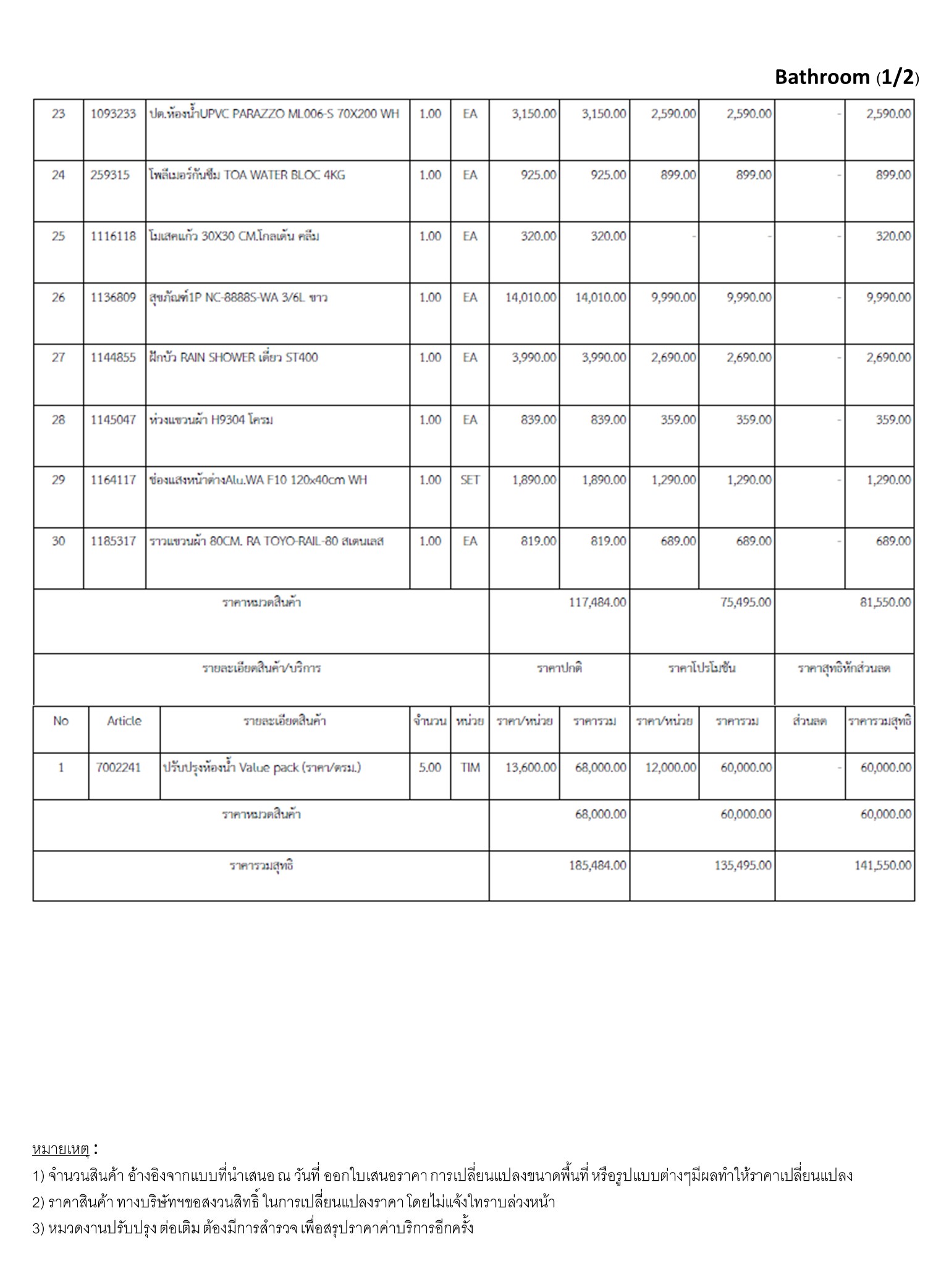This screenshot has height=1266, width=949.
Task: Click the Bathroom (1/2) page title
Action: [846, 77]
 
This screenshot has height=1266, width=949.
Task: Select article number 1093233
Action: [113, 114]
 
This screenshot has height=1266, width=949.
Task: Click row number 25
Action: [58, 236]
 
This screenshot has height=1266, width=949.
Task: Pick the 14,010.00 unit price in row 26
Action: [531, 297]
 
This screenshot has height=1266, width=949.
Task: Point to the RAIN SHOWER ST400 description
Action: [234, 357]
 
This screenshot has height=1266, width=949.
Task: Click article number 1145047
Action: [113, 420]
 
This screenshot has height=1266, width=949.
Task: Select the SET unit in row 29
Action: [470, 480]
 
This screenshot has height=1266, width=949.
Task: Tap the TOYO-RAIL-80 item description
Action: [266, 542]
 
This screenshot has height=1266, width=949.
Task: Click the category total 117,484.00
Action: [597, 602]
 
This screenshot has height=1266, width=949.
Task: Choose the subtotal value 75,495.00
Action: [745, 602]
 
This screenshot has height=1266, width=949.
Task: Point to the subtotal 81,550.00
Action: [885, 602]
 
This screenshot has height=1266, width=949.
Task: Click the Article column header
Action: [124, 721]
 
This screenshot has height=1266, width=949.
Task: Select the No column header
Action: [61, 721]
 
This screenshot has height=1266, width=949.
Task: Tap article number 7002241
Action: [119, 768]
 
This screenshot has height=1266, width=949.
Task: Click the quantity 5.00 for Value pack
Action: [430, 768]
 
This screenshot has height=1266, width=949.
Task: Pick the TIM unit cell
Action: [470, 768]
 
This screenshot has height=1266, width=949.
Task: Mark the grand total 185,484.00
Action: [597, 865]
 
